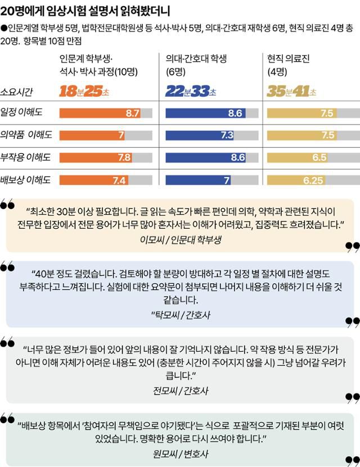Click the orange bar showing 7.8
96,157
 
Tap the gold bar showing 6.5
298,157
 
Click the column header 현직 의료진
289,58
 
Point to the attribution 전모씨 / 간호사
180,390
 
